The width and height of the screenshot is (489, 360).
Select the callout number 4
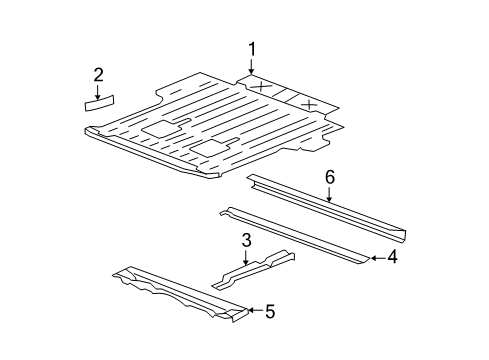click(x=393, y=258)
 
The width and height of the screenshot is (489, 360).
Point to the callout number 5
click(x=269, y=311)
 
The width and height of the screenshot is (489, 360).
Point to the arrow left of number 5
click(x=253, y=311)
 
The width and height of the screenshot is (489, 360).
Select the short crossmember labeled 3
click(x=255, y=273)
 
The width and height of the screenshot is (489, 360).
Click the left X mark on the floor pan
click(x=261, y=88)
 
